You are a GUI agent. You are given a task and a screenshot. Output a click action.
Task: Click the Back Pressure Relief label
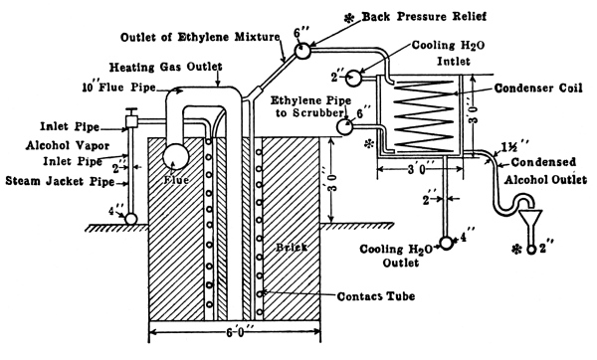pos(424,17)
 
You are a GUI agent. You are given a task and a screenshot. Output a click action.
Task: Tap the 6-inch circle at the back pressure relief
pos(302,51)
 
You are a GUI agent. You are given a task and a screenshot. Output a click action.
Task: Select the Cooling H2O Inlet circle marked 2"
pos(353,78)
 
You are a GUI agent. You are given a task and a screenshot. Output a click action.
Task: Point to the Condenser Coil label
pos(538,89)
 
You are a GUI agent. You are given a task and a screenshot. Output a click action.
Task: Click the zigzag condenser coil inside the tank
pos(424,115)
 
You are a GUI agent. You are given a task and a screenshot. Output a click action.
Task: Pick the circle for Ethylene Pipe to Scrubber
pos(345,126)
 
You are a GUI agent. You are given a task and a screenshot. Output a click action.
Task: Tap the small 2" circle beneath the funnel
pos(531,250)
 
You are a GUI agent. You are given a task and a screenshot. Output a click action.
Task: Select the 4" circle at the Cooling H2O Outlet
pos(446,243)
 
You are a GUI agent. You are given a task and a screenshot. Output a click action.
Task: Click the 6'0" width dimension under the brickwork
pos(235,331)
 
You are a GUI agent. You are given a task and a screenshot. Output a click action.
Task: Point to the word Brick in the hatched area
pos(292,247)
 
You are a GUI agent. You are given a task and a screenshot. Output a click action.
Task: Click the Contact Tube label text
pos(376,296)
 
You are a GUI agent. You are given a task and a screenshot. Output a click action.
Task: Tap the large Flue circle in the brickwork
pos(175,156)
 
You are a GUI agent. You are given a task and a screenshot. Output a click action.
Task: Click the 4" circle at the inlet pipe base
pos(131,219)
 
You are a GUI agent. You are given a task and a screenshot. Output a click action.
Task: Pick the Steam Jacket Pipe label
pos(60,181)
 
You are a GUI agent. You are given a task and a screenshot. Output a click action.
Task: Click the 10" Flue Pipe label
pos(119,88)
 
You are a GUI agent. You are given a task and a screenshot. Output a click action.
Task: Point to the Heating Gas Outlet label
pos(165,67)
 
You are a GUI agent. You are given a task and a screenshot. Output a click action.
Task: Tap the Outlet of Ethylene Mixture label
pos(200,37)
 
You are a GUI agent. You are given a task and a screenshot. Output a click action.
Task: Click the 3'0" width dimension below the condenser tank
pos(420,169)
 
